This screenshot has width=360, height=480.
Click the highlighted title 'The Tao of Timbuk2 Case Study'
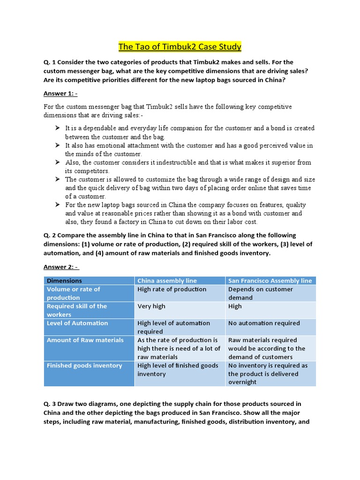point(180,46)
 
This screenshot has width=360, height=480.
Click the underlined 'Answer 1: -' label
point(60,93)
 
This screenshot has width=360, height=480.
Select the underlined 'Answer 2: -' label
point(61,267)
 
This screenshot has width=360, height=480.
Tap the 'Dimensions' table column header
point(64,281)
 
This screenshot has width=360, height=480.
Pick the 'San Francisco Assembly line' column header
point(270,281)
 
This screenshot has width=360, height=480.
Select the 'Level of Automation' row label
point(77,323)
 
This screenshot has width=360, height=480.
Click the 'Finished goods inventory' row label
point(84,366)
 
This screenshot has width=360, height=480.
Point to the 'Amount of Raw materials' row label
point(85,340)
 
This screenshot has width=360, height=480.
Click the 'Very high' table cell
point(151,306)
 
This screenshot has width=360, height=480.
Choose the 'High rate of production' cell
point(172,289)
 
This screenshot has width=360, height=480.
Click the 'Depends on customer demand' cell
point(260,293)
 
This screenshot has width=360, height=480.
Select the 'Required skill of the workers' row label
point(77,310)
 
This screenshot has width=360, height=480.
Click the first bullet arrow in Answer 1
point(57,128)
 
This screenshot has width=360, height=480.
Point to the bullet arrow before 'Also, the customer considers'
point(57,162)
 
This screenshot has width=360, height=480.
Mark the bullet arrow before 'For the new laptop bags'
point(57,205)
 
